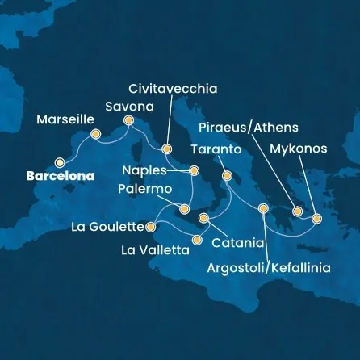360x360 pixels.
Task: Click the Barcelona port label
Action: click(x=60, y=175)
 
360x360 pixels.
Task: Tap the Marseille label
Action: click(x=66, y=119)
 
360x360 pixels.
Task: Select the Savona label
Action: click(x=131, y=106)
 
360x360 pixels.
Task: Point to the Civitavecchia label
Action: click(x=173, y=89)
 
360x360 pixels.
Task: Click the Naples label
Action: click(x=146, y=170)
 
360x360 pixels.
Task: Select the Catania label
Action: click(x=237, y=242)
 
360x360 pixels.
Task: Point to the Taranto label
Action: click(x=216, y=150)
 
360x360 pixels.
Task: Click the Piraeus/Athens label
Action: click(x=249, y=128)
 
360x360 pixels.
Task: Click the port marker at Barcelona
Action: click(x=59, y=161)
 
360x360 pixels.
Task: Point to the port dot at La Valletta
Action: click(x=198, y=239)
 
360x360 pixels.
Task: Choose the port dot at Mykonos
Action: click(x=316, y=218)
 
